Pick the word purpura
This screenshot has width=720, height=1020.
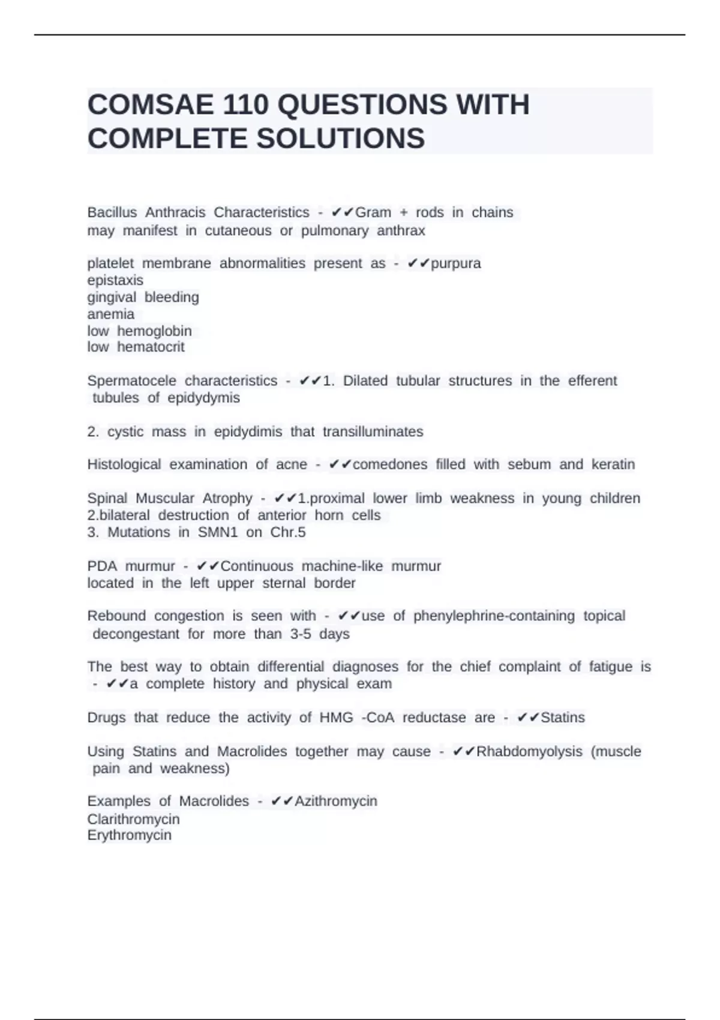456,263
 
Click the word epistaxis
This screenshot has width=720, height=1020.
115,280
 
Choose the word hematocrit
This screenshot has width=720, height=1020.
151,347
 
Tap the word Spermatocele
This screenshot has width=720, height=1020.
132,380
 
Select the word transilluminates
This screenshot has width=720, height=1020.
373,431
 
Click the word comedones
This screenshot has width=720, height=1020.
390,464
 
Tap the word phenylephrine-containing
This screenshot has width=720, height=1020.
494,616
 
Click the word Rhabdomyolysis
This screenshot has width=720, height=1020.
529,751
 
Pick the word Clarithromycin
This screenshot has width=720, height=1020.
133,819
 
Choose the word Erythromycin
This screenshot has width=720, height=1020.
129,835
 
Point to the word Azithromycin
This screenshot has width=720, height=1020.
336,801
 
